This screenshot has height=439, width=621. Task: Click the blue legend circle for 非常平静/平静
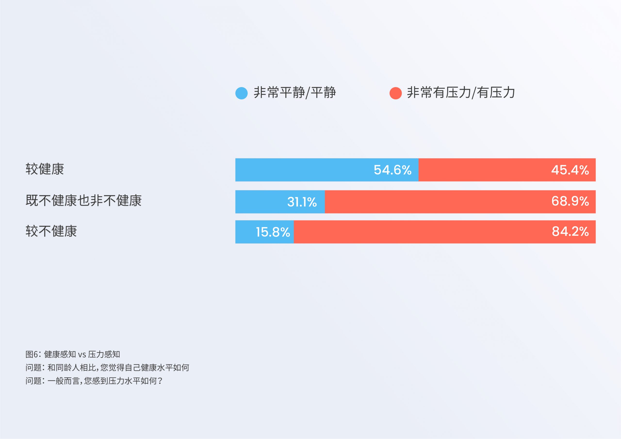click(x=241, y=93)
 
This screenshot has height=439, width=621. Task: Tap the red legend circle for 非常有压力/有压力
click(x=395, y=93)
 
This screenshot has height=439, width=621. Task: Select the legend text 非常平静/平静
click(x=294, y=92)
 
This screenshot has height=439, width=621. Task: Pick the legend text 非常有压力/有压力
click(x=461, y=92)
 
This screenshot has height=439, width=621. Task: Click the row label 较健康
click(x=45, y=169)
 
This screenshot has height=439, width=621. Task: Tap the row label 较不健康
click(x=51, y=231)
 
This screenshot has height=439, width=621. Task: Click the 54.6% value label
click(x=392, y=170)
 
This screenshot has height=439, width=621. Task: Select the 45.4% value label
click(x=570, y=170)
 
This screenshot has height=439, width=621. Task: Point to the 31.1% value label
click(x=302, y=202)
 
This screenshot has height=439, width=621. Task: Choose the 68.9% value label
click(x=570, y=201)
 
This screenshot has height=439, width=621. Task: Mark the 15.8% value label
click(x=273, y=232)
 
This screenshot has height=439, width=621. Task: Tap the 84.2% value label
click(x=570, y=231)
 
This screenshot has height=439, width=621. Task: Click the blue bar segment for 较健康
click(x=327, y=170)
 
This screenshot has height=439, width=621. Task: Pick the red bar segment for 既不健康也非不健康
click(x=460, y=202)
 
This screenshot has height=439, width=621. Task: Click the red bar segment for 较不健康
click(x=445, y=232)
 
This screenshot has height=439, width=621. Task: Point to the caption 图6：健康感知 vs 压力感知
click(x=73, y=354)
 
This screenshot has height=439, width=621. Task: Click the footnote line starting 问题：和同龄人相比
click(x=107, y=367)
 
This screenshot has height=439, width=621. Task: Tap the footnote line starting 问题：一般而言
click(x=94, y=381)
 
